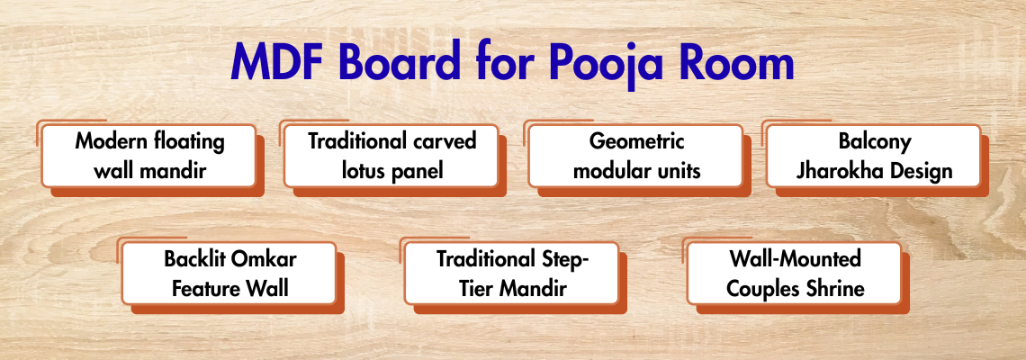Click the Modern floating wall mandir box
point(148,156)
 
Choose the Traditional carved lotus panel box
point(391,156)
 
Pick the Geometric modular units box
point(635,156)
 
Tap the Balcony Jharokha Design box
point(874,156)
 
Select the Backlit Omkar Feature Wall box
point(229,273)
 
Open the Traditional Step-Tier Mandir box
point(512,273)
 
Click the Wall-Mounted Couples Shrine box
point(795,273)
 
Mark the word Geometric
point(636,142)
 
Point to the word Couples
point(762,290)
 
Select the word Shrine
point(834,289)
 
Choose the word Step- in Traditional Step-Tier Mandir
point(562,260)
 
